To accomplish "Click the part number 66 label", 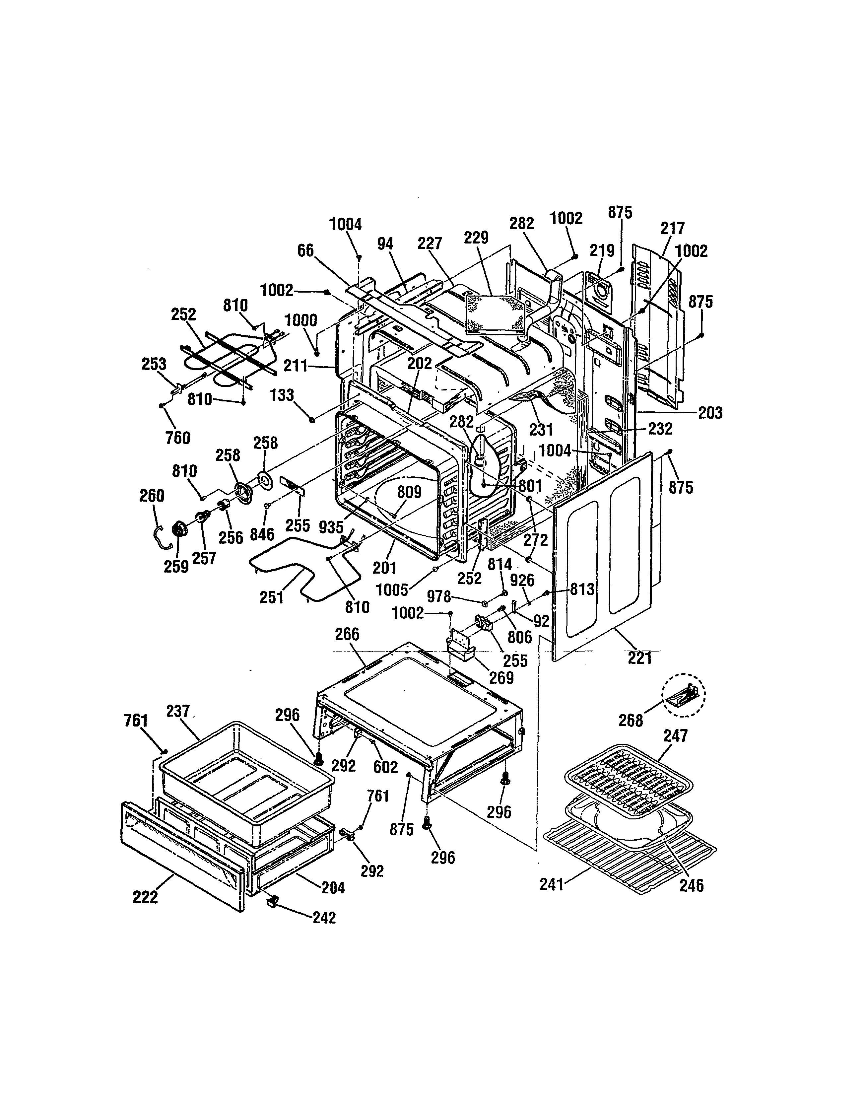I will click(x=305, y=251).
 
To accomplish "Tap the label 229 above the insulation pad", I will click(x=476, y=238).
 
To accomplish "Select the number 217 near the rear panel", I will click(x=672, y=228).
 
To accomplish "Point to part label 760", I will click(x=178, y=438).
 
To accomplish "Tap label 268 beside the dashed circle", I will click(x=631, y=720).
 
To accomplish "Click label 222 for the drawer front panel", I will click(x=145, y=898).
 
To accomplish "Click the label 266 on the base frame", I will click(x=347, y=634).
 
